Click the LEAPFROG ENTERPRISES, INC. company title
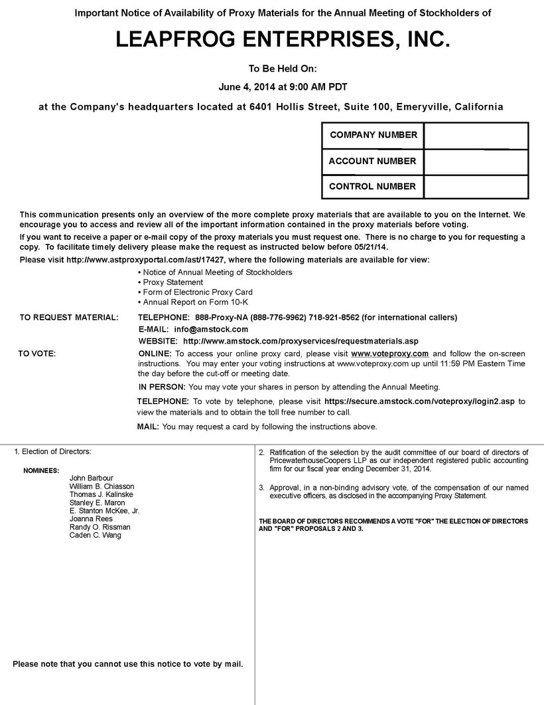(283, 41)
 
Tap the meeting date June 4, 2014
(247, 86)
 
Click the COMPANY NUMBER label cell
(373, 135)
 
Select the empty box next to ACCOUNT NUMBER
(476, 161)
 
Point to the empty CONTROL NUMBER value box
(476, 186)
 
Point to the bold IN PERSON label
(162, 387)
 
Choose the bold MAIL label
(148, 427)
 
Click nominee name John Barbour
(92, 478)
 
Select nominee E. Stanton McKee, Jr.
(104, 511)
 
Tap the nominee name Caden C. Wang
(96, 535)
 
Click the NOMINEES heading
(41, 470)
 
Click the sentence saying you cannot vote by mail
(128, 663)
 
